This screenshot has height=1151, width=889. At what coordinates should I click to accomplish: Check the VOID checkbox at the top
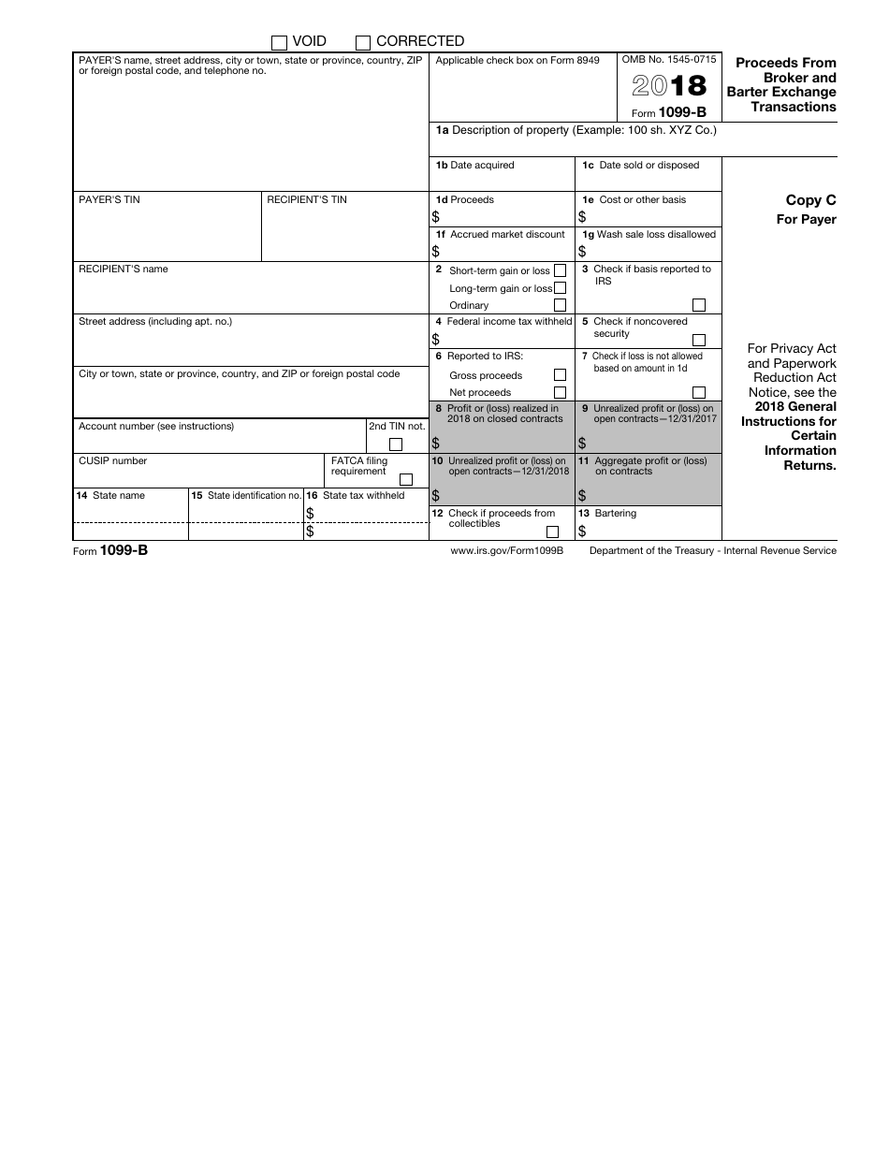tap(279, 42)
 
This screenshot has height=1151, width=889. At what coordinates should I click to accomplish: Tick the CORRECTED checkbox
tap(363, 42)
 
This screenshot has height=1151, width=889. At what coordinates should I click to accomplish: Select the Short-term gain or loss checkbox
tap(560, 270)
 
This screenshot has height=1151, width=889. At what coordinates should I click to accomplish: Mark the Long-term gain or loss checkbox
tap(560, 288)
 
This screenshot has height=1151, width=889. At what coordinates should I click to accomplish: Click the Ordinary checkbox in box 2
tap(560, 305)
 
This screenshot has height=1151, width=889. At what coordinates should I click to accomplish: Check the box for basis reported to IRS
tap(699, 305)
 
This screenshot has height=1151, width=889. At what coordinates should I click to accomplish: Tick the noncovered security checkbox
tap(699, 340)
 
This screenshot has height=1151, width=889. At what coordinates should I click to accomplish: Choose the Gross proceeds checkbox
tap(560, 375)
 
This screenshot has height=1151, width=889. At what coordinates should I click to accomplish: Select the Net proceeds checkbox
tap(560, 392)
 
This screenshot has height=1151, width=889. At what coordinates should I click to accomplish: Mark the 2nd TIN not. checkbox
tap(396, 444)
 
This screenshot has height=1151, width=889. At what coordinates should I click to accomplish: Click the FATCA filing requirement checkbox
tap(406, 479)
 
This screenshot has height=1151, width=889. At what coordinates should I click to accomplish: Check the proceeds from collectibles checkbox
tap(552, 532)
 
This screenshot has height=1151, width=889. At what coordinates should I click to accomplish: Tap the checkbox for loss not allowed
tap(699, 392)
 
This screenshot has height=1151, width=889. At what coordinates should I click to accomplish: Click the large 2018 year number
tap(669, 86)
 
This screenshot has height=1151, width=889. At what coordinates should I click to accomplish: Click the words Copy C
tap(810, 200)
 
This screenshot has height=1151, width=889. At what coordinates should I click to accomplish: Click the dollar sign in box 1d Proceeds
tap(436, 216)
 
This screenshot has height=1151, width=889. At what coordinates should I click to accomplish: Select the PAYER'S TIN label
tap(109, 200)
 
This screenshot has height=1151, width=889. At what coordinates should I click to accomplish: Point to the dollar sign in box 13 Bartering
tap(582, 532)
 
